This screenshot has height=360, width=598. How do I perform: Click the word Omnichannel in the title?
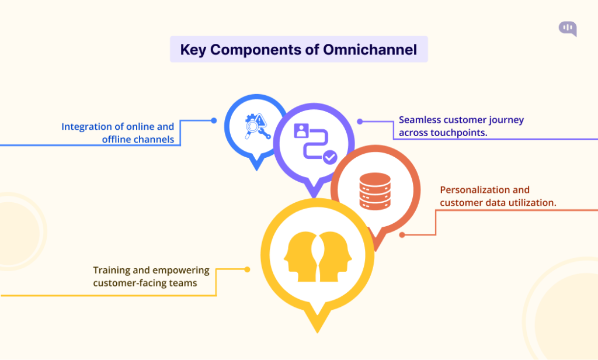tap(370, 50)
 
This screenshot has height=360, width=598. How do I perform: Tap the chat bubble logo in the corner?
tap(567, 28)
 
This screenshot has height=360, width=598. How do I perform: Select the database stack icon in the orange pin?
tap(374, 191)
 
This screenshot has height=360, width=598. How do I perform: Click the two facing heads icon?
tap(317, 255)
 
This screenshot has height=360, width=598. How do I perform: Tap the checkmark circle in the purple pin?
tap(330, 157)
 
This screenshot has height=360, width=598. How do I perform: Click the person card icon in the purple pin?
tap(301, 131)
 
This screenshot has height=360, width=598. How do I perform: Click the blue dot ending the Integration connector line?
tap(214, 120)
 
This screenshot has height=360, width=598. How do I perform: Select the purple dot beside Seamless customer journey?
tap(360, 122)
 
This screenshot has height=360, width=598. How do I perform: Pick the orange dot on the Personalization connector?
tap(402, 234)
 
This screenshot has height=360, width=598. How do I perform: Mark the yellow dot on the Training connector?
tap(247, 269)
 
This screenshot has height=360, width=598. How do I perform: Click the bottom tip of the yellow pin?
tap(317, 331)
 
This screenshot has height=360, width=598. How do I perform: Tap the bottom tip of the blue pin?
tap(256, 169)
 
